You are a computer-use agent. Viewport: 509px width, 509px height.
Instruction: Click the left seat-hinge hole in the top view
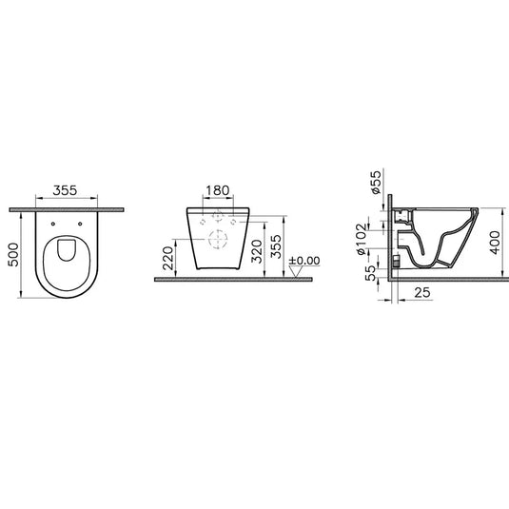point(54,225)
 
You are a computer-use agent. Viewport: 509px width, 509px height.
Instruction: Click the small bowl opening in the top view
point(68,249)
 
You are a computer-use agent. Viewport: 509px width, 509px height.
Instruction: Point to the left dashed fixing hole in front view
point(205,222)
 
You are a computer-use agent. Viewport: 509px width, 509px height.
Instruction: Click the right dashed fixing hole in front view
point(233,222)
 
